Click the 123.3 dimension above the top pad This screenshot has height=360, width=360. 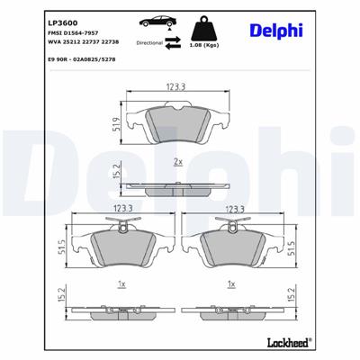tap(176, 87)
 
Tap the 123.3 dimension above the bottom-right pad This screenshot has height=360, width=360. tap(236, 209)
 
